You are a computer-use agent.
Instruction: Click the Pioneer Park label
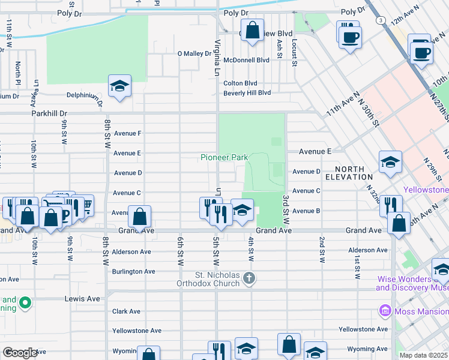(x=223, y=157)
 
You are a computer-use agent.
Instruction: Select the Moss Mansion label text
(x=420, y=311)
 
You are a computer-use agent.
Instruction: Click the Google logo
(x=20, y=353)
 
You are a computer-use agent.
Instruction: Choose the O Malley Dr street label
(x=194, y=53)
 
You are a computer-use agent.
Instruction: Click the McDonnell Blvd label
(x=246, y=60)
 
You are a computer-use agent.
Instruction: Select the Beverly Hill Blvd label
(x=247, y=93)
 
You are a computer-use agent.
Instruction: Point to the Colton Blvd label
(x=240, y=83)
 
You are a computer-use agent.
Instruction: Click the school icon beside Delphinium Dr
(x=119, y=86)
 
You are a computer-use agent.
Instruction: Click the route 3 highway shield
(x=381, y=20)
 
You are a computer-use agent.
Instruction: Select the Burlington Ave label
(x=134, y=271)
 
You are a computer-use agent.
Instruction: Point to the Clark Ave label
(x=126, y=311)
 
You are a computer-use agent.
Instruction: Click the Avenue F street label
(x=127, y=133)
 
